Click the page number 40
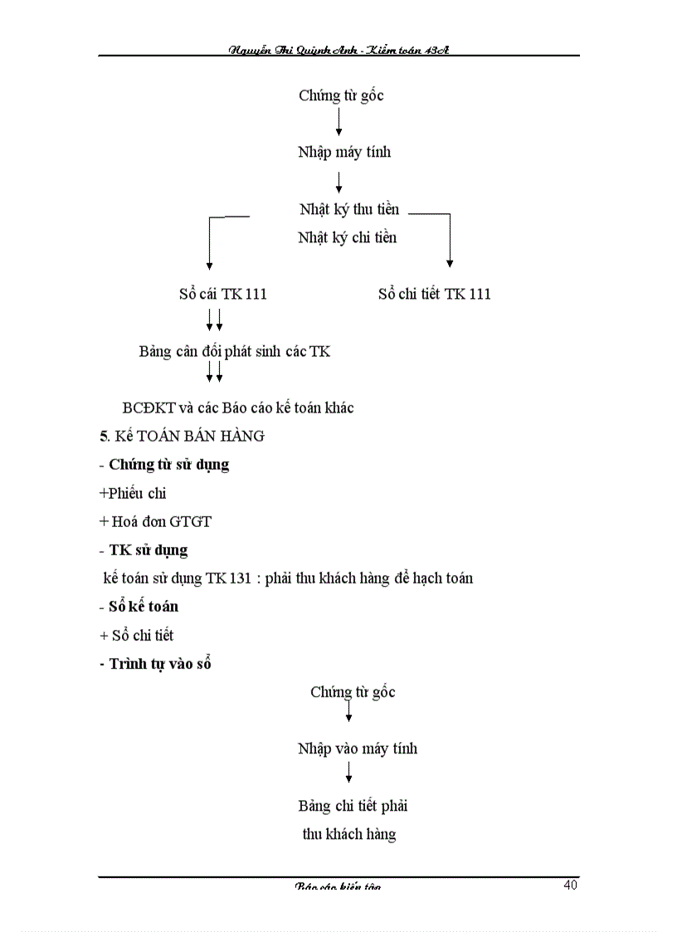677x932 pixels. (570, 885)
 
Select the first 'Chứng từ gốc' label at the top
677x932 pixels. (341, 95)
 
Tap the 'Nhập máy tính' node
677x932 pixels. (344, 153)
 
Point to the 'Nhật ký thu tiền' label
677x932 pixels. (349, 210)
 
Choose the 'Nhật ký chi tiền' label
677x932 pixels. (348, 238)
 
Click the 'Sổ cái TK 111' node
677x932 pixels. (222, 295)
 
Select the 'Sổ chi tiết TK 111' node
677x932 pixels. (435, 295)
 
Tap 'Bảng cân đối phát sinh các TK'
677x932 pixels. (235, 352)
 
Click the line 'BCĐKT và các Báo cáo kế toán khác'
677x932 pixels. (238, 408)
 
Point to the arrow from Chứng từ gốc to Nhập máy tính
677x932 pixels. (339, 123)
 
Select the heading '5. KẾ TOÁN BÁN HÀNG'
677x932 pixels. (182, 437)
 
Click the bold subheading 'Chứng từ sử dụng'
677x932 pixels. (169, 465)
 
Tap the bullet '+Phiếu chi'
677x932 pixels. (133, 494)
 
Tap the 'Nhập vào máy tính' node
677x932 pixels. (358, 749)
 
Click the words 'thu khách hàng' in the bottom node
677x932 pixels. (349, 835)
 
